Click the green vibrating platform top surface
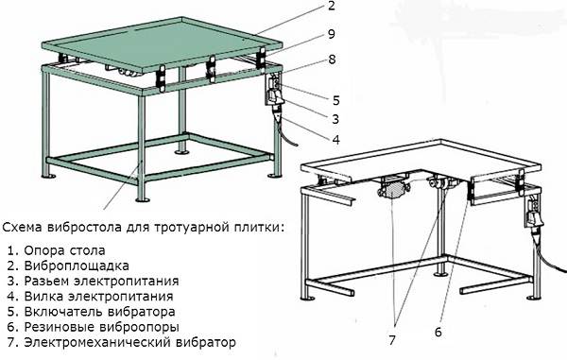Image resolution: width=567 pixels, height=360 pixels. [151, 47]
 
